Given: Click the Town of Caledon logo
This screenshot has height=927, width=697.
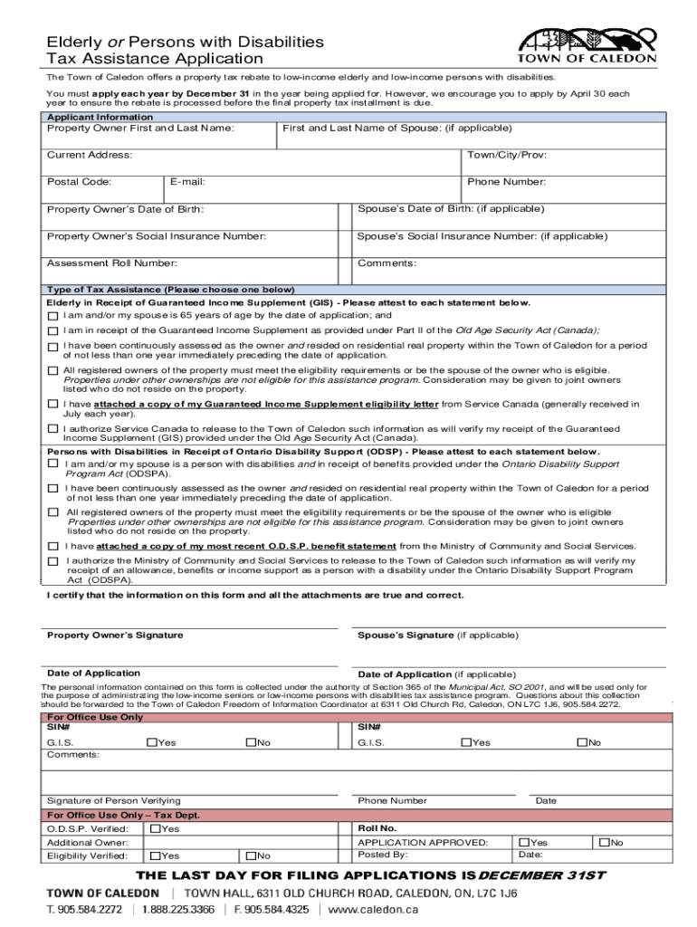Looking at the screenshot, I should pos(587,46).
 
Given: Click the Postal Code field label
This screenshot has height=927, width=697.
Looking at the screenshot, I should pos(79,182).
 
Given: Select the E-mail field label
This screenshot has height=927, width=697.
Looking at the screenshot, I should pos(187,182).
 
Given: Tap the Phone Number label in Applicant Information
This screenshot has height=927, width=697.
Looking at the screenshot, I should pos(506,182).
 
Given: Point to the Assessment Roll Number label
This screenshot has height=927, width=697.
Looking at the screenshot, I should pos(111,263).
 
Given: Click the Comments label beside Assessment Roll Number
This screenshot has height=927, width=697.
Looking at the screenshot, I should pos(387,263).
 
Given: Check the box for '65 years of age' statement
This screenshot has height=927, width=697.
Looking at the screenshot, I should pos(53,317).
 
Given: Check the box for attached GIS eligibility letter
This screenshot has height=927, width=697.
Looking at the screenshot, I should pos(53,405).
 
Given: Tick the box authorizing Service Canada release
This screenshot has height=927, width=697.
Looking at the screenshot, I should pos(53,429).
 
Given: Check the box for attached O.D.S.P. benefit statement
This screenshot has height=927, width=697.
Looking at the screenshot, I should pos(53,547).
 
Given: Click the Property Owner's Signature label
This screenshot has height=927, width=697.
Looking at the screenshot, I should pos(115,636).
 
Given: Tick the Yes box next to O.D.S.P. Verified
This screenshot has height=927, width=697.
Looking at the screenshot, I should pos(155,829).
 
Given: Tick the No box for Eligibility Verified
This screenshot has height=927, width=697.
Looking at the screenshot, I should pos(247,855).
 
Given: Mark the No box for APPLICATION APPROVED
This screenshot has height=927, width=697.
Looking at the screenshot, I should pos(601,842).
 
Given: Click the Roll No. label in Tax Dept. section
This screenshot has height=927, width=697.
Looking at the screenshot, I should pos(377,828).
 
